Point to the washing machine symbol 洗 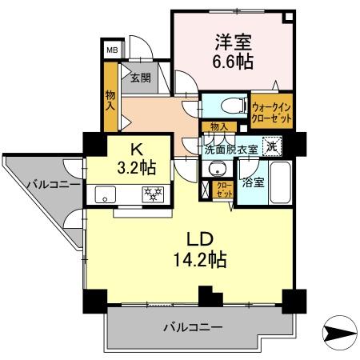click(272, 147)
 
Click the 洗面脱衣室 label click(231, 149)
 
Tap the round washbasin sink click(214, 169)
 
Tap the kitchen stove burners click(152, 194)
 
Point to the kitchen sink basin click(106, 194)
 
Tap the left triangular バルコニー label click(52, 185)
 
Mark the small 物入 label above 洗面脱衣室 click(218, 127)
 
